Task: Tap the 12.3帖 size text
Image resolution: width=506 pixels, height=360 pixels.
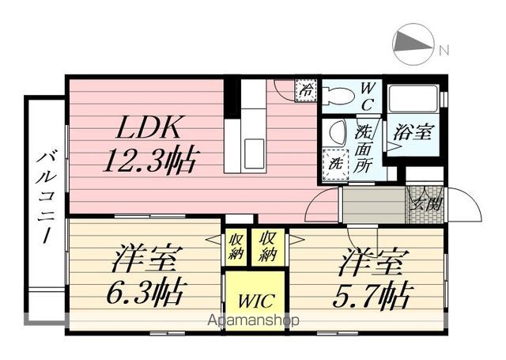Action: pos(151,161)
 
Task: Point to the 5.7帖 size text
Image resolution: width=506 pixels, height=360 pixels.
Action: pos(369,296)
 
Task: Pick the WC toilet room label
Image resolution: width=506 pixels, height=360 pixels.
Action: pos(369,94)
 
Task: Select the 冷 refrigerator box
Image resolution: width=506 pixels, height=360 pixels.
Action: pos(306,89)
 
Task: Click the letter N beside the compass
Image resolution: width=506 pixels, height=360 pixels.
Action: pos(444,51)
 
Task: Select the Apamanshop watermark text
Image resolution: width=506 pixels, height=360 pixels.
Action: pos(252,321)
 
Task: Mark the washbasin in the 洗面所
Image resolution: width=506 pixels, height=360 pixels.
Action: pos(335,131)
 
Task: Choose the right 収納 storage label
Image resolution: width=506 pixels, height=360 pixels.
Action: pos(267,246)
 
